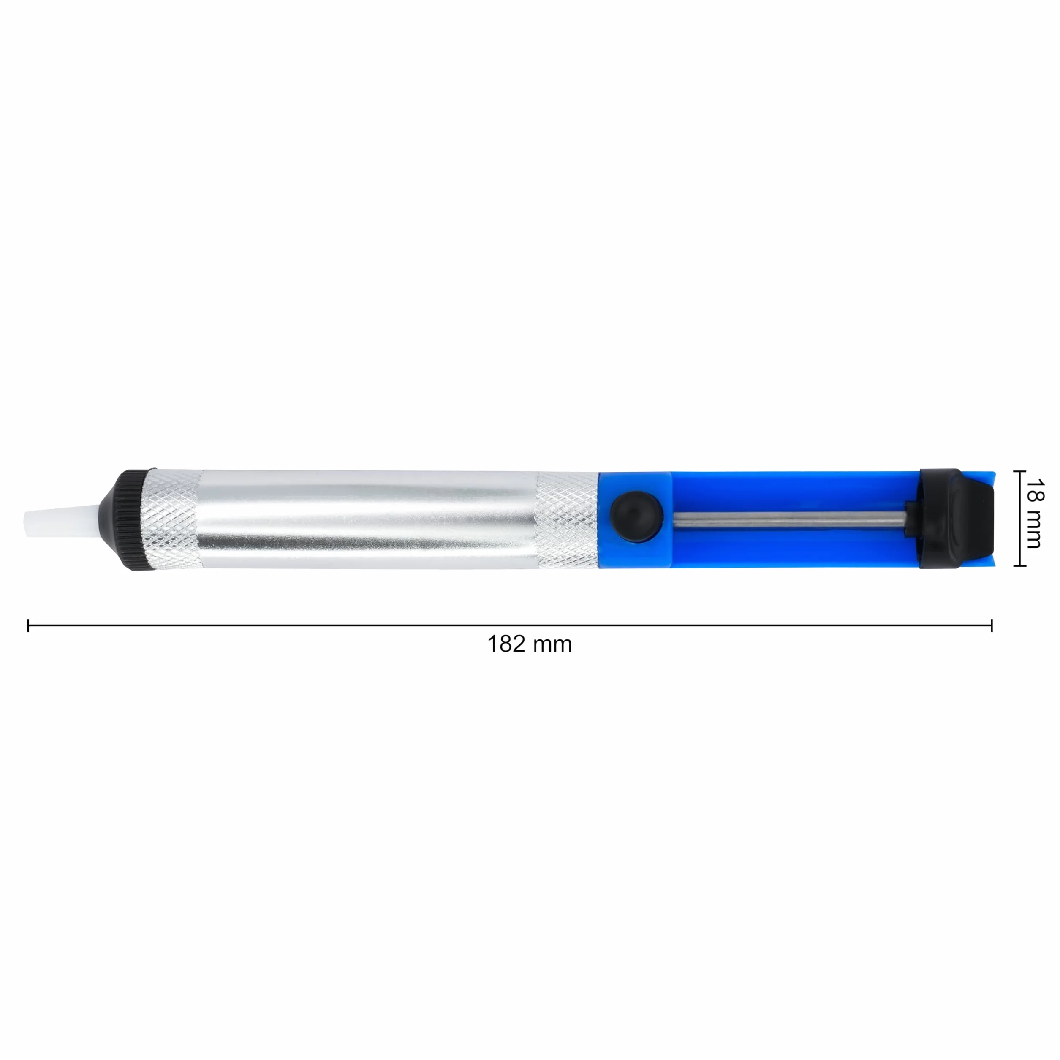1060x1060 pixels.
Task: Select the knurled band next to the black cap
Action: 172,519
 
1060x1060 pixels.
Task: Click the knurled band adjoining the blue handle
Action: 567,519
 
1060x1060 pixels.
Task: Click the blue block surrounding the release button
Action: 635,519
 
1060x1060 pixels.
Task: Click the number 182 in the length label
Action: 506,644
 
